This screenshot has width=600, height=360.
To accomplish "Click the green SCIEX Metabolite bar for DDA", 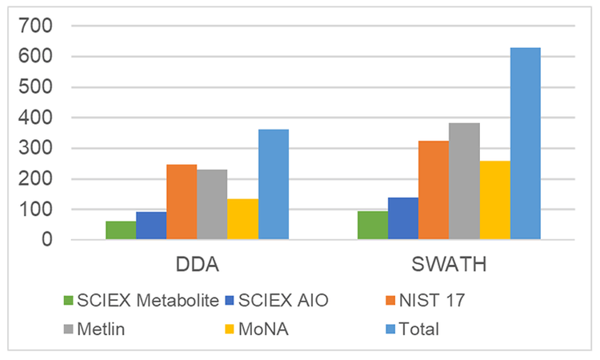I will pyautogui.click(x=121, y=230).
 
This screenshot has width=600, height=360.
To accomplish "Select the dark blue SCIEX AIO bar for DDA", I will pyautogui.click(x=151, y=226).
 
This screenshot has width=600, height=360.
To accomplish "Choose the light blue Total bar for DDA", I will pyautogui.click(x=274, y=185).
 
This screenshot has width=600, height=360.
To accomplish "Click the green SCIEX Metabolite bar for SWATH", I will pyautogui.click(x=373, y=226).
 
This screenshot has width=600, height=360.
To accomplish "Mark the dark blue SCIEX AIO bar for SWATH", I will pyautogui.click(x=403, y=218).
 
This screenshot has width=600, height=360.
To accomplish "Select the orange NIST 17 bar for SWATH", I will pyautogui.click(x=434, y=190).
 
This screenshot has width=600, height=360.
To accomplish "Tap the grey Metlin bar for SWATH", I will pyautogui.click(x=464, y=182).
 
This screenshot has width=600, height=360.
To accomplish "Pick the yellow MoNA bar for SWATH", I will pyautogui.click(x=494, y=200).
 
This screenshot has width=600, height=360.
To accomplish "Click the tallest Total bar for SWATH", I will pyautogui.click(x=526, y=144).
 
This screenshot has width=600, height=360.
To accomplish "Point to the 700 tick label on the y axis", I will pyautogui.click(x=36, y=26).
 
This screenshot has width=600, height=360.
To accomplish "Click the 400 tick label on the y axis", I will pyautogui.click(x=36, y=118).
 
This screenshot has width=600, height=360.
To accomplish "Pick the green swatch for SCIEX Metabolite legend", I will pyautogui.click(x=68, y=301).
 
